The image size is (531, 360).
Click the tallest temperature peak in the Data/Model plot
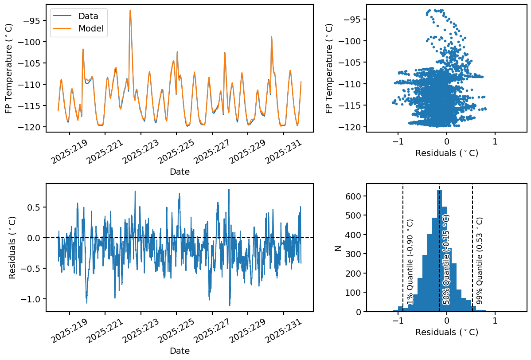(130, 11)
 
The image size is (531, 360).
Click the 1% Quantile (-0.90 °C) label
(410, 262)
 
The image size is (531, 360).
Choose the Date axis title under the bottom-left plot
(180, 351)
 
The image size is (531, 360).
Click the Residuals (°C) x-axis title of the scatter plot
(446, 153)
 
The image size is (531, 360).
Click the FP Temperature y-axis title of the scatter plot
(329, 68)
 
